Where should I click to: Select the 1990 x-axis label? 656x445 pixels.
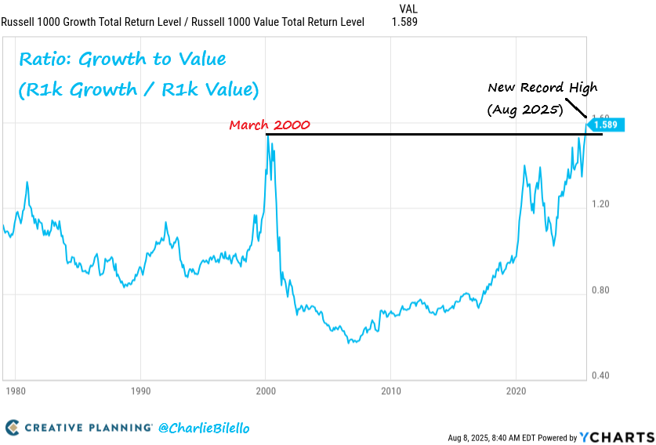pos(140,390)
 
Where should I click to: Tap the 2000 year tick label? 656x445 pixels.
pos(266,390)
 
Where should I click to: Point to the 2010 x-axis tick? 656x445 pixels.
pos(391,390)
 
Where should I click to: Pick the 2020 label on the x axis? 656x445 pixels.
pos(516,390)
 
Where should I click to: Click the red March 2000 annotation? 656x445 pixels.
pos(269,125)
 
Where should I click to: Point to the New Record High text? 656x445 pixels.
pos(542,88)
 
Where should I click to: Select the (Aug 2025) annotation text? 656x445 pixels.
pos(525,110)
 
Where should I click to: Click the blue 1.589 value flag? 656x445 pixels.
pos(607,125)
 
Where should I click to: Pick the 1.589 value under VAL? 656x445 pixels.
pos(404,22)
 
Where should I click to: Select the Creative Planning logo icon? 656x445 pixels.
pos(12,428)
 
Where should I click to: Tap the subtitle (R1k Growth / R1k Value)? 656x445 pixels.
pos(138,89)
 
